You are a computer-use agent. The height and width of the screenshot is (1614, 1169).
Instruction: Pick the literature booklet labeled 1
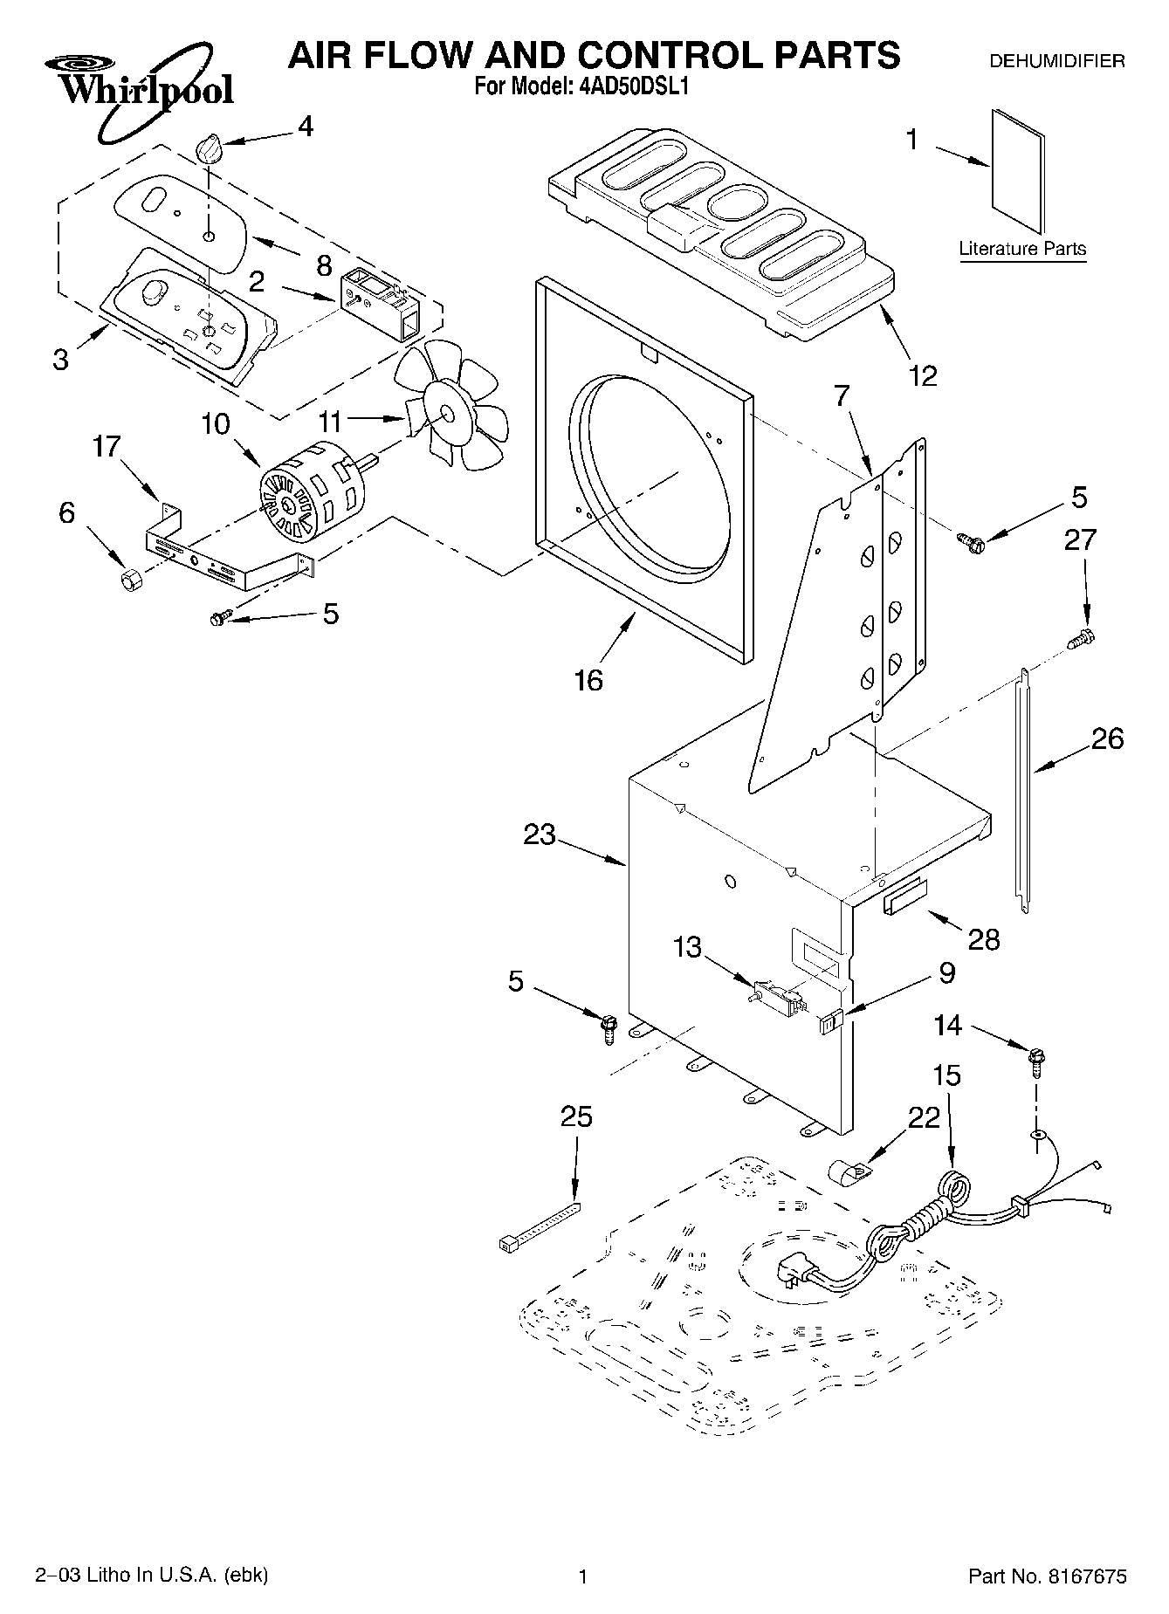click(1017, 172)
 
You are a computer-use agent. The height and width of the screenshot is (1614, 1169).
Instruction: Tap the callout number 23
click(540, 834)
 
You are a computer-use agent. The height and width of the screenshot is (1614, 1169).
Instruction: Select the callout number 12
click(922, 375)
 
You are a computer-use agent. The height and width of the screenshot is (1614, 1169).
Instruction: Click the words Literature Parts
click(1022, 249)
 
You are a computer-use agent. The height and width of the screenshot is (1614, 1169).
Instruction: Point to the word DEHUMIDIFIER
click(1056, 61)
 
